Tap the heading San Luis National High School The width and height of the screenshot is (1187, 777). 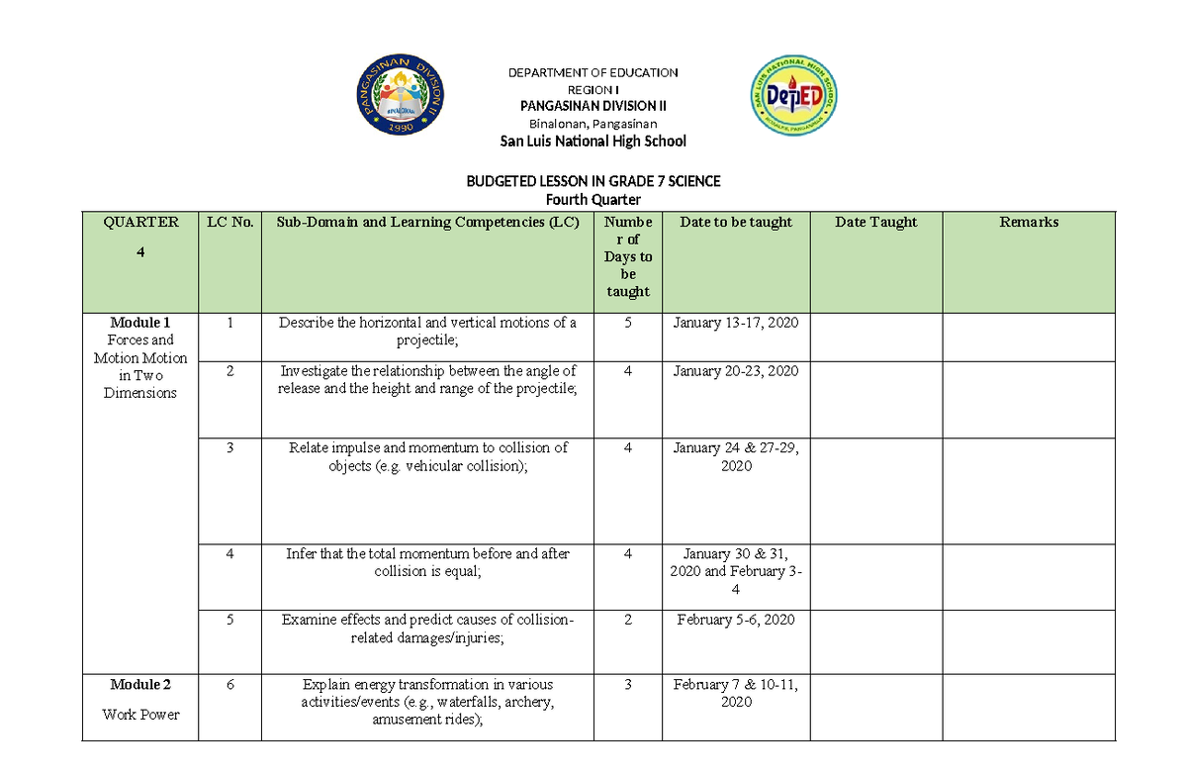pyautogui.click(x=593, y=142)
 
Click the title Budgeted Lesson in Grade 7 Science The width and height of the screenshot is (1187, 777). pyautogui.click(x=593, y=181)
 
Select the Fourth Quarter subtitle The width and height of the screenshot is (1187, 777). pyautogui.click(x=593, y=200)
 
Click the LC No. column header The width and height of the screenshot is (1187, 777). pyautogui.click(x=228, y=223)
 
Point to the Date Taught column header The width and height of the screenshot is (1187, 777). pyautogui.click(x=875, y=223)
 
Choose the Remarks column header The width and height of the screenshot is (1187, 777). pyautogui.click(x=1029, y=223)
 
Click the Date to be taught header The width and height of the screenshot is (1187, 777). pyautogui.click(x=736, y=223)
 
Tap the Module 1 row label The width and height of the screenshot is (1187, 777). pyautogui.click(x=140, y=323)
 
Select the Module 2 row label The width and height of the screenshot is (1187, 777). pyautogui.click(x=140, y=685)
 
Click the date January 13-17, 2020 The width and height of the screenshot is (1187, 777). pyautogui.click(x=736, y=323)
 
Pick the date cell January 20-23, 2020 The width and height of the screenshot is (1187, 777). pyautogui.click(x=736, y=371)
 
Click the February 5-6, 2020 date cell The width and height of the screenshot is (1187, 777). pyautogui.click(x=736, y=621)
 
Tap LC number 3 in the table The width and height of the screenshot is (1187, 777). pyautogui.click(x=228, y=448)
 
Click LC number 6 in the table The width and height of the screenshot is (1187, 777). pyautogui.click(x=228, y=685)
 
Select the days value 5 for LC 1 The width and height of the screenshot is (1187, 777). pyautogui.click(x=627, y=323)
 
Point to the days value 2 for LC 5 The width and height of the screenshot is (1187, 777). pyautogui.click(x=627, y=621)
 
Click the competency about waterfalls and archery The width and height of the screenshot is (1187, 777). pyautogui.click(x=427, y=703)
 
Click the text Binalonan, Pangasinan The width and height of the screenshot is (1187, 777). pyautogui.click(x=593, y=124)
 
